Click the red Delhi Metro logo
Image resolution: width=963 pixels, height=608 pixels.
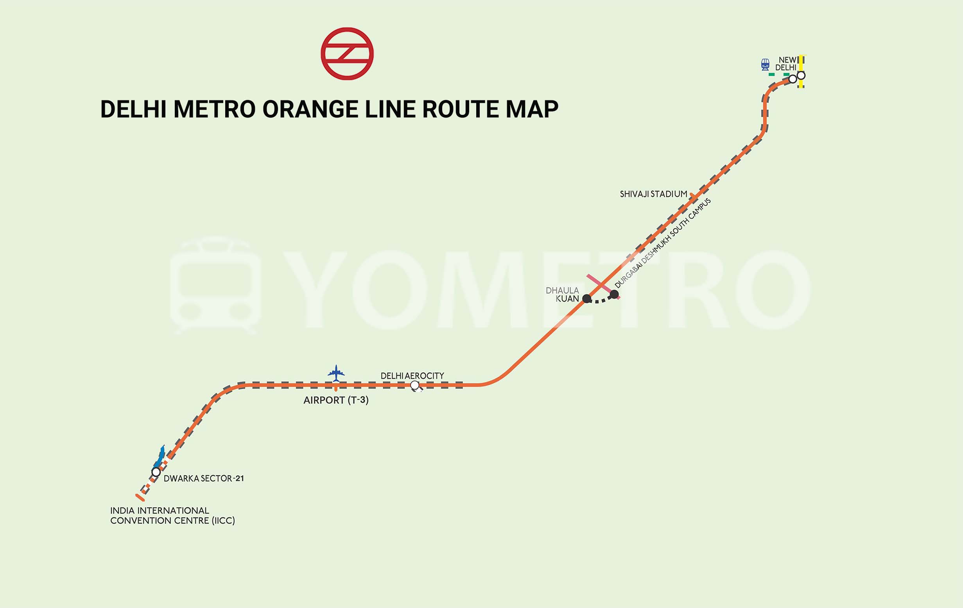pos(347,54)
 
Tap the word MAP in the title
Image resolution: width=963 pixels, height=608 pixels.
pos(531,109)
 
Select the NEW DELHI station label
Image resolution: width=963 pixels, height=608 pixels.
pos(786,64)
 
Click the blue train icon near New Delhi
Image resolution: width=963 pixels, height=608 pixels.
pos(765,64)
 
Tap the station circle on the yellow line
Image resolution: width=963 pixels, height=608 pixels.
pos(801,75)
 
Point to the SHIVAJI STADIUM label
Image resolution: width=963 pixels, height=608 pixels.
pos(653,194)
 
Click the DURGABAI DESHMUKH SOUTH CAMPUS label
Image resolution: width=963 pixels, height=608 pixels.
pos(663,243)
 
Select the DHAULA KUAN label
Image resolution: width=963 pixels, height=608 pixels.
pos(563,295)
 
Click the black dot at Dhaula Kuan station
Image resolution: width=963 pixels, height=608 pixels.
pos(587,298)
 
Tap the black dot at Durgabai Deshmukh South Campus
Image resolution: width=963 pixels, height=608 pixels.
pos(614,295)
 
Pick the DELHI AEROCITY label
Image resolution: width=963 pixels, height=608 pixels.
pos(412,376)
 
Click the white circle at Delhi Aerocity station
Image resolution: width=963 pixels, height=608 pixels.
pos(415,385)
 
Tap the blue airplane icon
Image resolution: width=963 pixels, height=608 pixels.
pos(336,373)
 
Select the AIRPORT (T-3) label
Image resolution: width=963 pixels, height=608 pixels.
pos(336,400)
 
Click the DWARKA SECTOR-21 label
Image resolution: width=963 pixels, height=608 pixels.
pos(204,479)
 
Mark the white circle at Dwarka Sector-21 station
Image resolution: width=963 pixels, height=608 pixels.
pos(156,472)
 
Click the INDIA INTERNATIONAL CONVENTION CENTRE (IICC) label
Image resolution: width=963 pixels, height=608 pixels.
pos(172,516)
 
